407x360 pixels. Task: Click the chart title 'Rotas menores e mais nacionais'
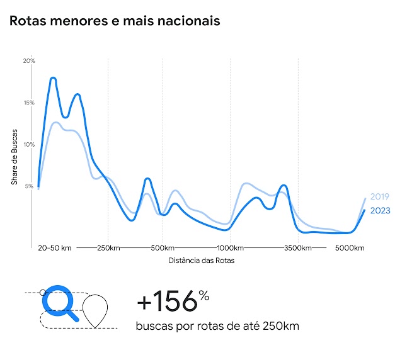tap(115, 21)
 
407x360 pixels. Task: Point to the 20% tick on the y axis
tap(29, 61)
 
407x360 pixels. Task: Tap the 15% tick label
tap(29, 103)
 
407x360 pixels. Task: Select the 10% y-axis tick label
tap(29, 144)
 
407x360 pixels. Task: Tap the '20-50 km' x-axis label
tap(55, 248)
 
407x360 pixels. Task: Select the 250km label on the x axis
tap(108, 248)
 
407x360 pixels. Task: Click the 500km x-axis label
tap(163, 248)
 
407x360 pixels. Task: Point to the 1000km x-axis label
tap(231, 248)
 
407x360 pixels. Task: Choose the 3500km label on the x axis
tap(298, 248)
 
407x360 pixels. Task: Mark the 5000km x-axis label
tap(350, 248)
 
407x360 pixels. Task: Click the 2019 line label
tap(380, 196)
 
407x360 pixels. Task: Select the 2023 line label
tap(380, 210)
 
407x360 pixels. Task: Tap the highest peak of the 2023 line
tap(54, 78)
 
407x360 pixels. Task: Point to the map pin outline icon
tap(96, 312)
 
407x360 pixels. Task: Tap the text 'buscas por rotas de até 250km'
tap(217, 326)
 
